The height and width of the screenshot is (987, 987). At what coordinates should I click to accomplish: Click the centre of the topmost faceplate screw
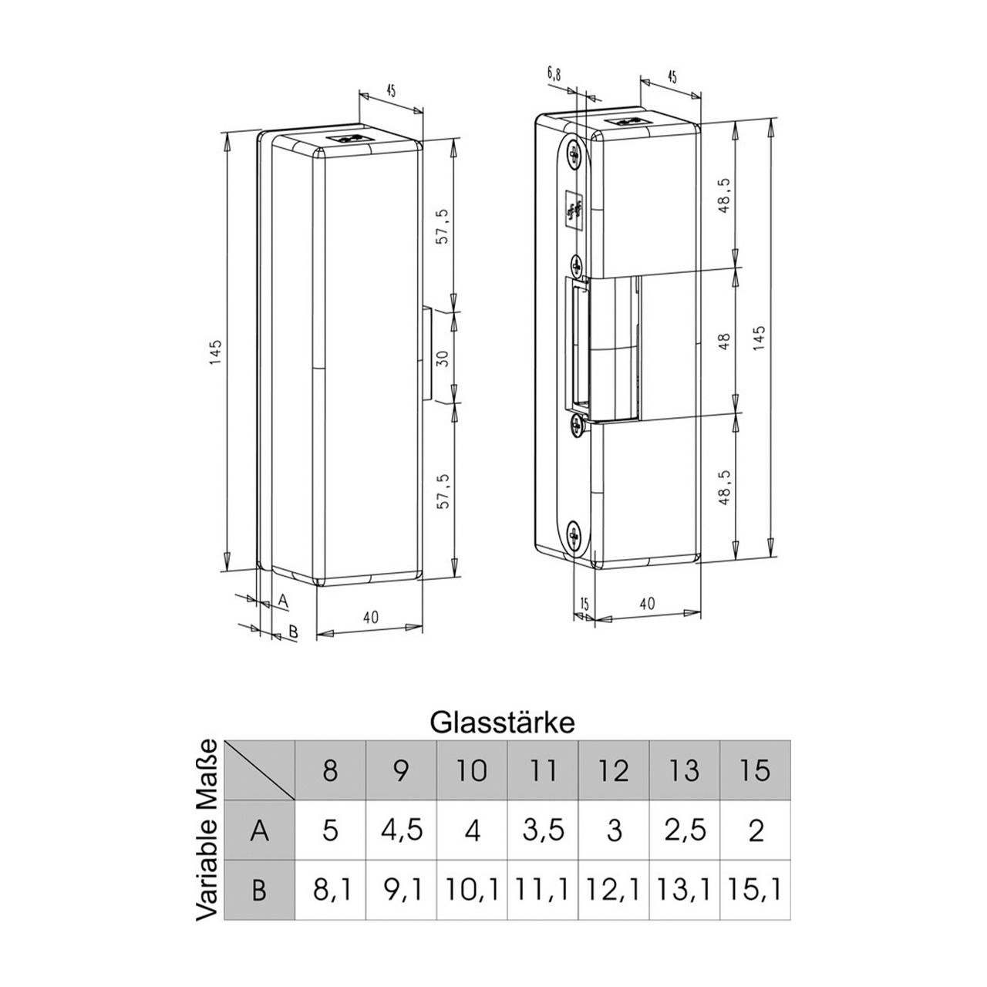[574, 153]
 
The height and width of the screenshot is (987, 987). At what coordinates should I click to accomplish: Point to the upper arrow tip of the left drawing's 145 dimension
[226, 133]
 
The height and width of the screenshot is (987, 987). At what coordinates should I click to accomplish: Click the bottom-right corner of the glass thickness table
[790, 919]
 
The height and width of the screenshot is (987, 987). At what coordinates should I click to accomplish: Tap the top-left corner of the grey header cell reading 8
[295, 740]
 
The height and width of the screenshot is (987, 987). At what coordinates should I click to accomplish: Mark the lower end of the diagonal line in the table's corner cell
[295, 800]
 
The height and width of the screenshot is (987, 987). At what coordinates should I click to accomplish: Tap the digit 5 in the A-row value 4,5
[414, 829]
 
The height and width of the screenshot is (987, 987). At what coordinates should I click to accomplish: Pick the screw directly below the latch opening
[578, 426]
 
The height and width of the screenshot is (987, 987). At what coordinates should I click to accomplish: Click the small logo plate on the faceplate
[573, 208]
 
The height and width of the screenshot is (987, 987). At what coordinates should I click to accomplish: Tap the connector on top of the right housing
[627, 122]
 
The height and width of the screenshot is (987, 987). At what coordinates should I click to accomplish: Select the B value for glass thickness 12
[613, 890]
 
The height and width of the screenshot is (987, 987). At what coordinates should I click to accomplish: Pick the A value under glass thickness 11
[543, 830]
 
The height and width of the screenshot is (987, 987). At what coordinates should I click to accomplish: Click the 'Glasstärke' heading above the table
[502, 723]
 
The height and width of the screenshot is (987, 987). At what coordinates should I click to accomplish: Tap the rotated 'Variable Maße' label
[208, 830]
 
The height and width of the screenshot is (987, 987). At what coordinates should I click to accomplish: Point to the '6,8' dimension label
[554, 75]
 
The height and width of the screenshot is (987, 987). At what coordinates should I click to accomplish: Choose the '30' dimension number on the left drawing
[443, 358]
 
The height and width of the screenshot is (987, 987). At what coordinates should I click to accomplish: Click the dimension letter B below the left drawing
[292, 631]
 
